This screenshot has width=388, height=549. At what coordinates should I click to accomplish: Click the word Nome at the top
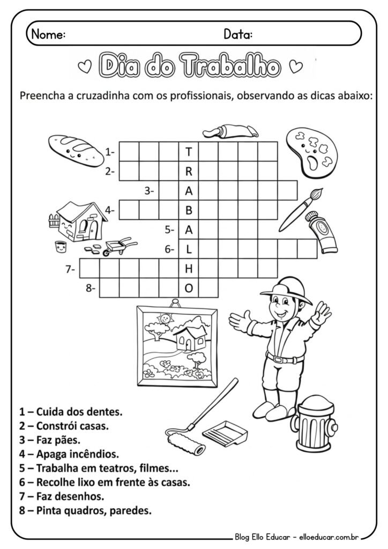48,35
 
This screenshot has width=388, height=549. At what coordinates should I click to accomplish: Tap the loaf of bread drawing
74,150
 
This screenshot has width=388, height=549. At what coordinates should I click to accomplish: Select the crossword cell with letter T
188,152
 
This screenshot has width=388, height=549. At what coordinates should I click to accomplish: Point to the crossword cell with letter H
188,269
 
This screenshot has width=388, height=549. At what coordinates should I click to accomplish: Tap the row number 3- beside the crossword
150,190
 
